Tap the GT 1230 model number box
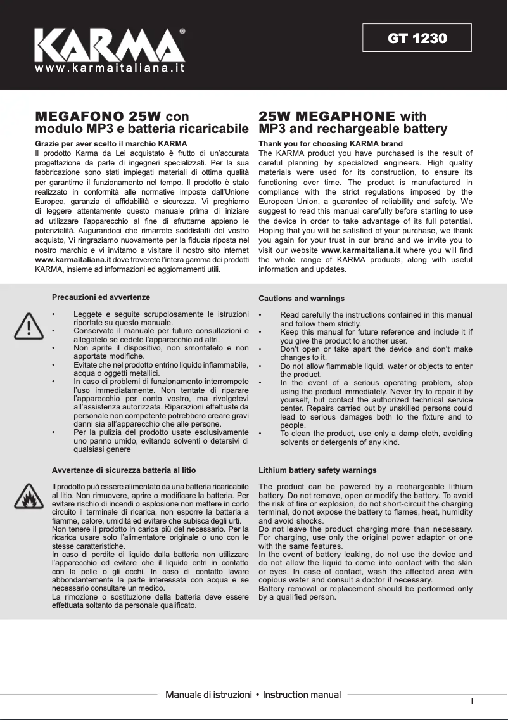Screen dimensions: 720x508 [x=417, y=38]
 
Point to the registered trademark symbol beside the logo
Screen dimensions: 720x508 [x=182, y=30]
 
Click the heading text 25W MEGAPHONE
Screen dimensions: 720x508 [x=327, y=117]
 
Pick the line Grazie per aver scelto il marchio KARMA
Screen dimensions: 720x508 [x=111, y=144]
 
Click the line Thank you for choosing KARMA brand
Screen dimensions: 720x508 [x=331, y=144]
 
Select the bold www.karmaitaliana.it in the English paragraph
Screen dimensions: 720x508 [x=361, y=250]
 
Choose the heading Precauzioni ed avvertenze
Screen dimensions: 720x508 [x=101, y=297]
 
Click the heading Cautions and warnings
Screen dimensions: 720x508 [x=302, y=298]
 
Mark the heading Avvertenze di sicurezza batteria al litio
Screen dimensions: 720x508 [x=124, y=470]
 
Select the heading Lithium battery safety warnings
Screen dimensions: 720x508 [x=317, y=470]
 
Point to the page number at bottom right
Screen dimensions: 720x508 [x=472, y=701]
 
